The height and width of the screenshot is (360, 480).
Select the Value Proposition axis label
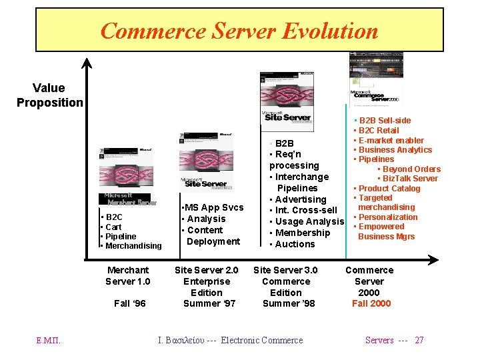(49, 95)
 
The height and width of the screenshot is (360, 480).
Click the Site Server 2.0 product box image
(205, 160)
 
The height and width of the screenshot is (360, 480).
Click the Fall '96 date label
(129, 303)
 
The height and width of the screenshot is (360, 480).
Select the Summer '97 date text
(209, 303)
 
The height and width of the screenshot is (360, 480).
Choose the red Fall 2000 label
(371, 303)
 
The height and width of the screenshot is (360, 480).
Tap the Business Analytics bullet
(395, 150)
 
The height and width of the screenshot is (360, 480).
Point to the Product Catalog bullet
(389, 189)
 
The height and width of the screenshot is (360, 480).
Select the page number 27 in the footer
(419, 340)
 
